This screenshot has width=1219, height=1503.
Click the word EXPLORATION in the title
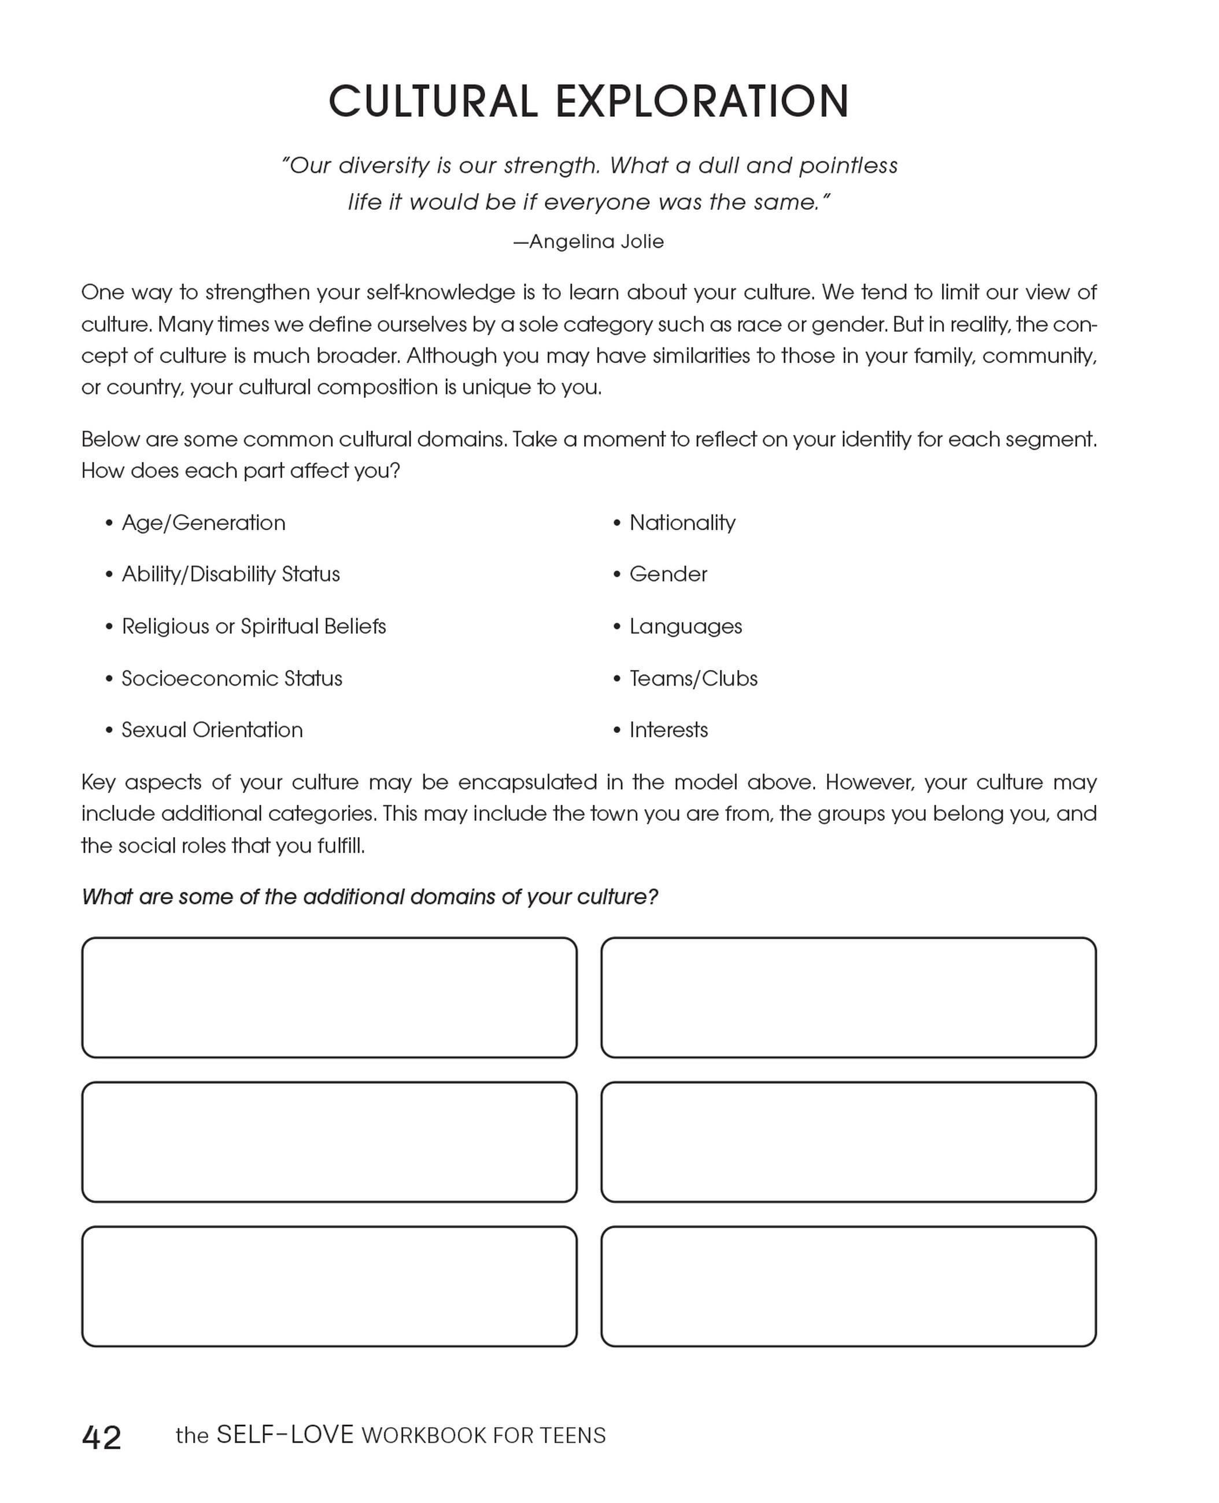tap(702, 101)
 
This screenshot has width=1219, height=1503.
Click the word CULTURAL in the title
tap(433, 101)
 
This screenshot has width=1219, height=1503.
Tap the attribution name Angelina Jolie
tap(596, 242)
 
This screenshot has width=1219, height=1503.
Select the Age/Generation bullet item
tap(203, 523)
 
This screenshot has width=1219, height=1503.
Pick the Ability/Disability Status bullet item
tap(230, 574)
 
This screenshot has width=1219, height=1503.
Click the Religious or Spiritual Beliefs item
tap(253, 626)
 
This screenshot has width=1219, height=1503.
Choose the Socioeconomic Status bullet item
tap(232, 678)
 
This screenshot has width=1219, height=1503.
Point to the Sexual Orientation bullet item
tap(212, 730)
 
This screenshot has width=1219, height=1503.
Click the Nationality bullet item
tap(682, 523)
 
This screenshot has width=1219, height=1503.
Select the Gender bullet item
tap(668, 574)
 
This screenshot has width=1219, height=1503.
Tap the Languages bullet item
tap(685, 626)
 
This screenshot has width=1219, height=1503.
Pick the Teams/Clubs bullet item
tap(693, 678)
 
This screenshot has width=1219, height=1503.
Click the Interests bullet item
tap(668, 730)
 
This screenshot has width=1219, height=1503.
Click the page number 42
tap(102, 1437)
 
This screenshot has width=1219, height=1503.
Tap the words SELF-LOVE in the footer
tap(285, 1434)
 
